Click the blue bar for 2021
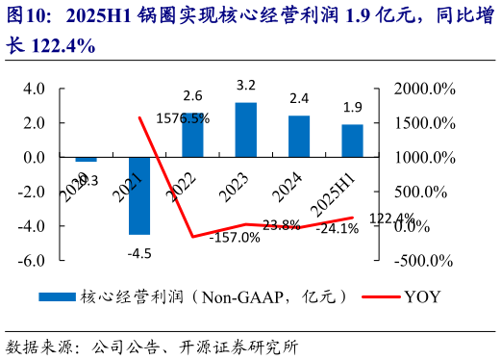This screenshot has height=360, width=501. [139, 195]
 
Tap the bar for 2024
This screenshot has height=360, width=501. [299, 137]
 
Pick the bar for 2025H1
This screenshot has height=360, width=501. [352, 141]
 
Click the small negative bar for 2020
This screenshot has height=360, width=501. [87, 159]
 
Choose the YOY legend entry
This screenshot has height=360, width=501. [420, 296]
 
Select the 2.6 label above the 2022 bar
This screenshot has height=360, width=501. [192, 95]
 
